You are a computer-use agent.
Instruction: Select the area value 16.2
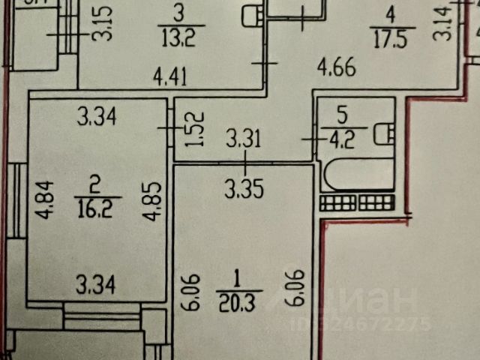tap(97, 208)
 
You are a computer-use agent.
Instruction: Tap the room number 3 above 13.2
tap(177, 15)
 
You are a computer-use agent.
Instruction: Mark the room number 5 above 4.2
tap(342, 116)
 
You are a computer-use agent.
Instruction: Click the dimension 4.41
tap(170, 75)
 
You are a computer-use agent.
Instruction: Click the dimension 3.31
tap(243, 138)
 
